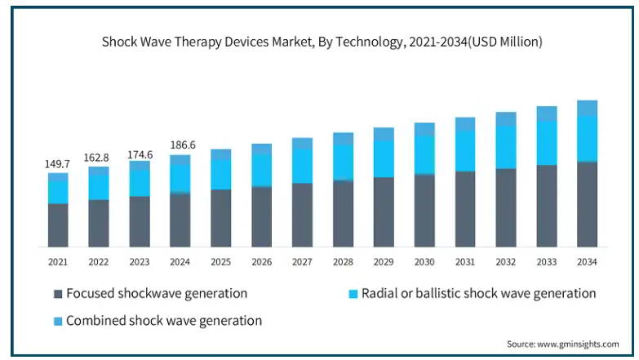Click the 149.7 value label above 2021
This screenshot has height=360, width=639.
coord(57,164)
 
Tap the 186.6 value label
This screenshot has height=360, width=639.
coord(183,144)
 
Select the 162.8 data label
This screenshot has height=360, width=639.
coord(96,158)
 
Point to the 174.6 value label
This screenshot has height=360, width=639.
coord(140,154)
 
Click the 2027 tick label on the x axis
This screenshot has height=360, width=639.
coord(302,262)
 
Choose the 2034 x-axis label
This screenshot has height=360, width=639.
coord(587,262)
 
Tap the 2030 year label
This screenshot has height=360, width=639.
coord(424,262)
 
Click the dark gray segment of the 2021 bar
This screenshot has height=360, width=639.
coord(58,225)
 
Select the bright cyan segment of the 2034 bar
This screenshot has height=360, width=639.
coord(588,139)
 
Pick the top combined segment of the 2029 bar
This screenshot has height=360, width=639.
coord(384,134)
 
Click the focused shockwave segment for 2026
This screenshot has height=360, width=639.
coord(262,216)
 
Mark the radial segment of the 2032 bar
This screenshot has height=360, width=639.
coord(506,147)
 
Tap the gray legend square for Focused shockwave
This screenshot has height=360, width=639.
coord(58,294)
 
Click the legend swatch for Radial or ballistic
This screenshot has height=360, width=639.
coord(353,294)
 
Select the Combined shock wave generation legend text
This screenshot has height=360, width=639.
coord(164,321)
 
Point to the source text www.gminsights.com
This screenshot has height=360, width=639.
coord(578,344)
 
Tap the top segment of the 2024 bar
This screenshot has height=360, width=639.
coord(180,160)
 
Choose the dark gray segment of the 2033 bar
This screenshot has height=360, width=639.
coord(547,206)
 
